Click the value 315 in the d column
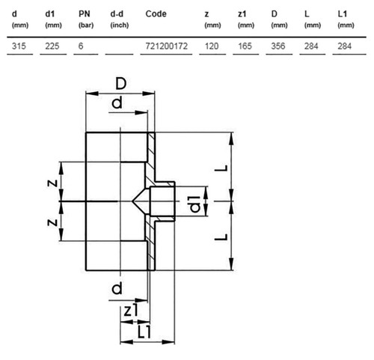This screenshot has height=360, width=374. coord(19,46)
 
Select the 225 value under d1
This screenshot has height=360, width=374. coord(52,46)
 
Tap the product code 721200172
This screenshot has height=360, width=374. coord(166,46)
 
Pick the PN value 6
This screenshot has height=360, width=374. coord(81,46)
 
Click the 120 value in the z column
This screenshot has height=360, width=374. coord(212,46)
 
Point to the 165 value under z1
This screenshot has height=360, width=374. coord(245,46)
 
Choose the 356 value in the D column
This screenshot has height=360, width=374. coord(278,46)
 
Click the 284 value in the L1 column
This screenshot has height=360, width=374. coord(345,46)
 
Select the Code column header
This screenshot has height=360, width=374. coord(156,13)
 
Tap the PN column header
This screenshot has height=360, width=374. coord(85,13)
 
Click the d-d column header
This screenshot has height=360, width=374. coord(117,13)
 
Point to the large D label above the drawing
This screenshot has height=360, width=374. coord(121,84)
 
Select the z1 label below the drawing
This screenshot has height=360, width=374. coord(131,310)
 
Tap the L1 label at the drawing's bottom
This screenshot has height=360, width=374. coord(144,332)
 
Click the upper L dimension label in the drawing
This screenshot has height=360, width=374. coord(221,168)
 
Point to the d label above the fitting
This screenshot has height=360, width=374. coord(117,103)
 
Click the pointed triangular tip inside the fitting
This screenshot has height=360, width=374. coord(132,201)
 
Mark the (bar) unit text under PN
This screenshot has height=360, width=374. coord(86,25)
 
